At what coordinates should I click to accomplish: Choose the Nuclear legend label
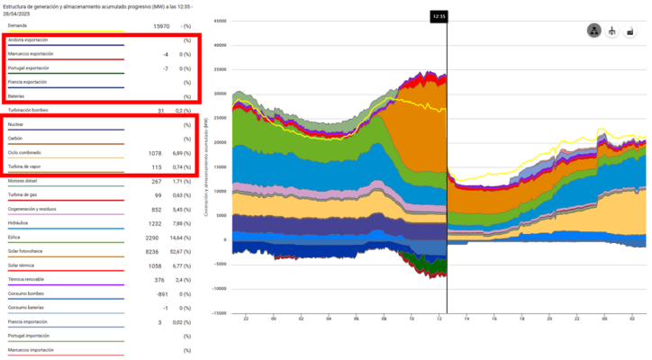click(16, 124)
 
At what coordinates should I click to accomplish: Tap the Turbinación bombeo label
click(28, 110)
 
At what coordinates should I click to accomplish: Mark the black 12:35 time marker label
click(439, 15)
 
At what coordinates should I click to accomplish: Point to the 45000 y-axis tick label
click(218, 21)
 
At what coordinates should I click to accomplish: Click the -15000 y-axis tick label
click(217, 314)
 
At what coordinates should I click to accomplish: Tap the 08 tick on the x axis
click(357, 319)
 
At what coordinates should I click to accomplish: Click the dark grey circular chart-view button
click(593, 31)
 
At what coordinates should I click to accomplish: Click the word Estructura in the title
click(20, 6)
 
